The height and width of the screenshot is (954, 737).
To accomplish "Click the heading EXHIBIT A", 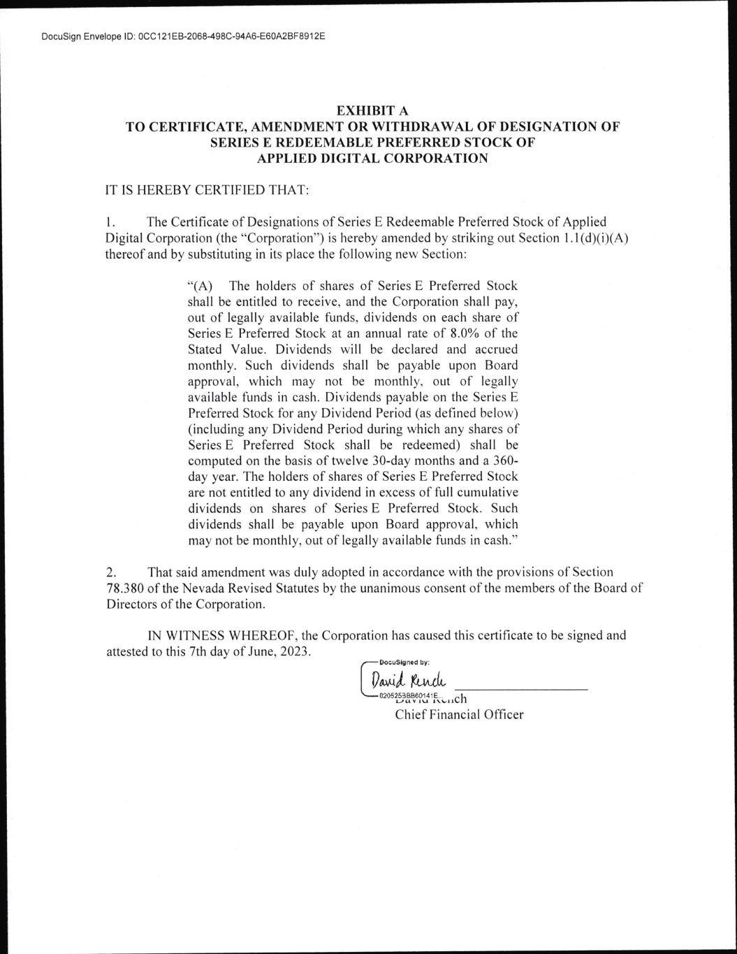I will [x=372, y=110].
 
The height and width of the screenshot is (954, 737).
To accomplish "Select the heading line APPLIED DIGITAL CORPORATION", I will [x=372, y=158].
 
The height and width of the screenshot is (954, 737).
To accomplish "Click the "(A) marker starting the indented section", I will [x=200, y=286].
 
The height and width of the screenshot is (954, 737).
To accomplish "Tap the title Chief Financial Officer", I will [x=459, y=714].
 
